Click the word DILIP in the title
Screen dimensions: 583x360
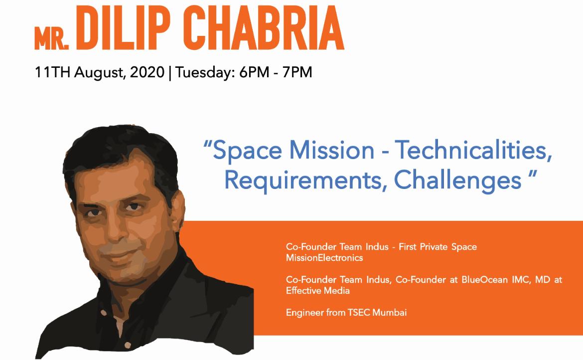tap(124, 28)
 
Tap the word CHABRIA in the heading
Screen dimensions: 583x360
tap(263, 28)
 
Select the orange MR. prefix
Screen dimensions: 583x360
tap(52, 38)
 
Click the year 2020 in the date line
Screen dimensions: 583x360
tap(147, 72)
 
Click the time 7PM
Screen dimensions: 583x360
tap(297, 72)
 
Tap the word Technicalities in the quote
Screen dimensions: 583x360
tap(473, 151)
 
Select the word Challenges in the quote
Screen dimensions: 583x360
tap(457, 180)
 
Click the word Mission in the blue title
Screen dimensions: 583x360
tap(332, 151)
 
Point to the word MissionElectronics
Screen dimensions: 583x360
tap(324, 258)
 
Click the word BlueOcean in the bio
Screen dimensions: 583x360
tap(484, 280)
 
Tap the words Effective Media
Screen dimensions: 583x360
tap(318, 291)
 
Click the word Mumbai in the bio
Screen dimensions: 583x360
tap(390, 313)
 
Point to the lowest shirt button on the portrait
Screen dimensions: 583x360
tap(128, 346)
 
